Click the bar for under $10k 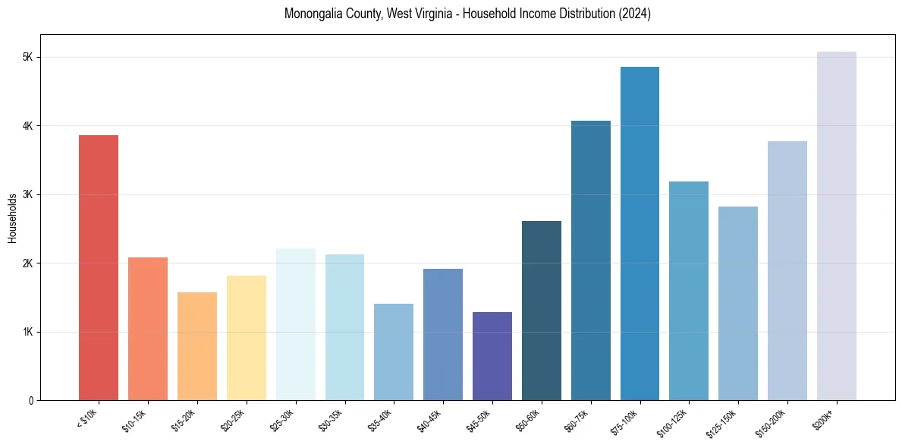(99, 267)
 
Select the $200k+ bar (837, 226)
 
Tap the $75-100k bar (640, 233)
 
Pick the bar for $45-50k (492, 355)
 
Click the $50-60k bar (542, 310)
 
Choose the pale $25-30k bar (296, 324)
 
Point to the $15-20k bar (197, 345)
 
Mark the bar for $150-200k (787, 270)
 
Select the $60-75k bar (591, 260)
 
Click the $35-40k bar (394, 352)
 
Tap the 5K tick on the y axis (27, 58)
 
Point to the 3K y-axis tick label (27, 195)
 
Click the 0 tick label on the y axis (30, 401)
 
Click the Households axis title (12, 218)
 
